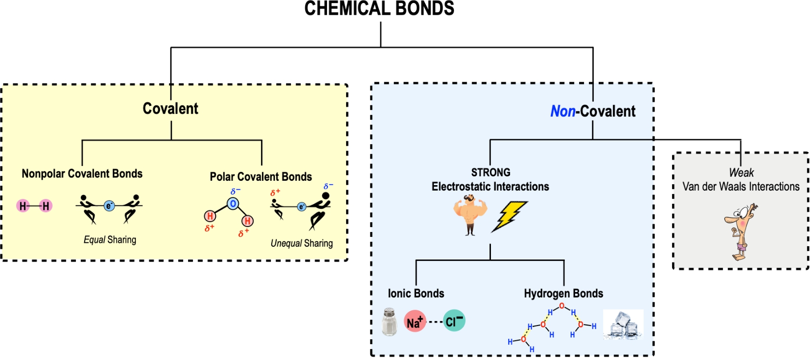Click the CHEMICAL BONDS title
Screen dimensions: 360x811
tap(379, 9)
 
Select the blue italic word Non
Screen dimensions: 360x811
tap(562, 111)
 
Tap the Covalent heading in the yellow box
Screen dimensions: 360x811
tap(170, 108)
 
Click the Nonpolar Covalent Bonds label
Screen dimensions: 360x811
tap(82, 174)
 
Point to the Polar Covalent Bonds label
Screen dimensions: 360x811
tap(260, 177)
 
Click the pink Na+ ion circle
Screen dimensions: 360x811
tap(415, 322)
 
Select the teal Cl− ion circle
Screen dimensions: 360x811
tap(454, 321)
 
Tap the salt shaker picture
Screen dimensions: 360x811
tap(389, 322)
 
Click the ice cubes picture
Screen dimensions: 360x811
tap(623, 325)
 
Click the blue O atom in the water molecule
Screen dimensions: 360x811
tap(233, 203)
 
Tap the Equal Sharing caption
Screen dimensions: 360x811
tap(110, 240)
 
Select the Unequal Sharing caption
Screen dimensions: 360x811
tap(301, 243)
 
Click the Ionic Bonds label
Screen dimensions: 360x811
tap(416, 294)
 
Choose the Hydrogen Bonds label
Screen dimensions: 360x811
tap(563, 294)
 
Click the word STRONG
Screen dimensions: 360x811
tap(490, 172)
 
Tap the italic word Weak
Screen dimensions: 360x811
tap(741, 173)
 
